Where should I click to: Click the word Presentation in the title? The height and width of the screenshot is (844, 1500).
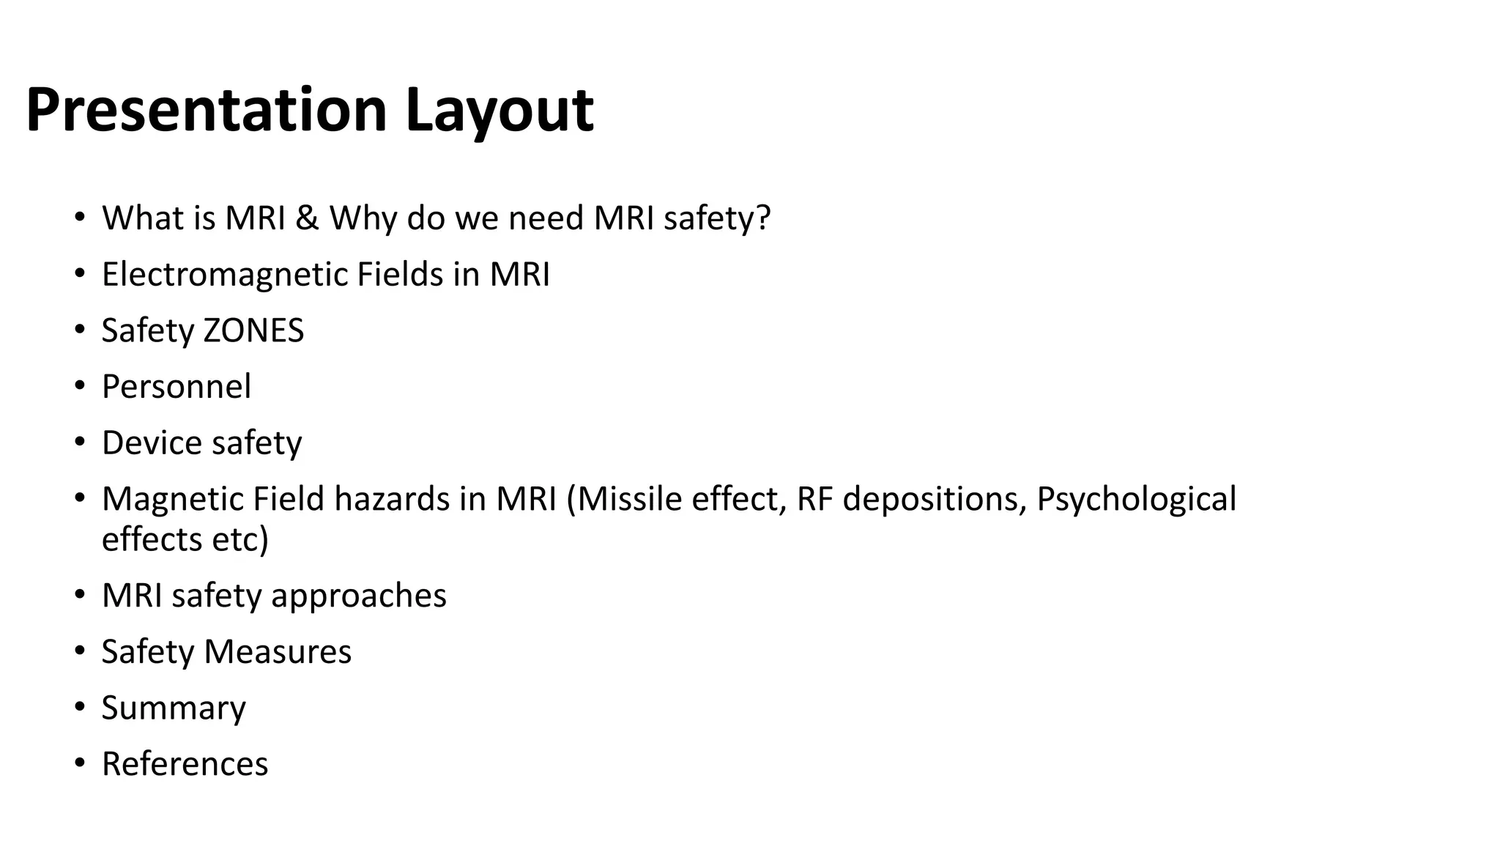(206, 110)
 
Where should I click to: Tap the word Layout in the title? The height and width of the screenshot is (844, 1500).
(499, 110)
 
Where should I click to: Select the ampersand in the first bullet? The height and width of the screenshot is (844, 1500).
(307, 218)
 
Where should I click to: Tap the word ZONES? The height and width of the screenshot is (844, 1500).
(253, 330)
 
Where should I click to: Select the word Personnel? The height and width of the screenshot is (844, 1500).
(176, 387)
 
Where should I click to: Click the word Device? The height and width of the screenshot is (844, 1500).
(152, 443)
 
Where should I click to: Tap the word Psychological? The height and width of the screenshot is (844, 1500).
(1136, 499)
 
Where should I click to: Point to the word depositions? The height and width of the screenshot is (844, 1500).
(932, 499)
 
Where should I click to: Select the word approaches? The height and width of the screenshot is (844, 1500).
(358, 596)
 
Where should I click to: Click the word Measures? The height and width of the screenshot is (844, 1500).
(278, 652)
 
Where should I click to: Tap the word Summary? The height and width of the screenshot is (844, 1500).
(174, 708)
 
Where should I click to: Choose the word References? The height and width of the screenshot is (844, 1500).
(185, 764)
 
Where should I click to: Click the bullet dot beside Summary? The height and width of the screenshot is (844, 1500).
(80, 707)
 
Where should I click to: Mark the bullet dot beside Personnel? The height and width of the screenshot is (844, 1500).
(80, 386)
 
